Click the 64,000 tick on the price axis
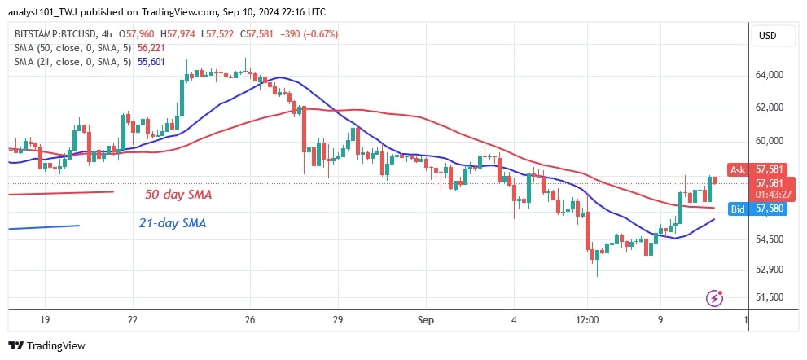pyautogui.click(x=770, y=75)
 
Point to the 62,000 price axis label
pyautogui.click(x=770, y=108)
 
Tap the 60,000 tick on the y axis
pyautogui.click(x=770, y=141)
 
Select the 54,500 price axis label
pyautogui.click(x=770, y=239)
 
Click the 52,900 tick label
pyautogui.click(x=770, y=270)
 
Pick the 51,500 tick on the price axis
pyautogui.click(x=770, y=297)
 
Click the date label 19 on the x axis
pyautogui.click(x=45, y=320)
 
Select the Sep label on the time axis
pyautogui.click(x=423, y=320)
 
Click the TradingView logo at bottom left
pyautogui.click(x=46, y=345)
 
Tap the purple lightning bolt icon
pyautogui.click(x=714, y=298)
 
